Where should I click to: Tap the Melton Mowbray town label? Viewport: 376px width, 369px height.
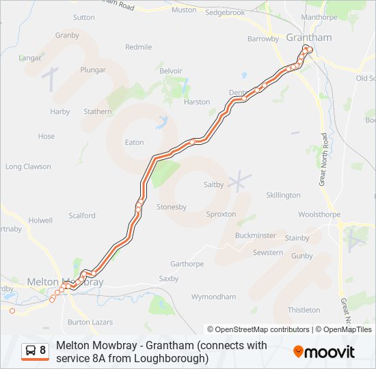65,282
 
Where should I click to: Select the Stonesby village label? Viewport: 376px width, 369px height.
172,206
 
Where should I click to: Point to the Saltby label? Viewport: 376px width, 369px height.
213,184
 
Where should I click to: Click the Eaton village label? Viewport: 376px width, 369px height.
134,142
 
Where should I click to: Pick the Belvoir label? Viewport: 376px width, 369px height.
170,71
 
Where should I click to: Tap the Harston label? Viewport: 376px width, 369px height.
197,102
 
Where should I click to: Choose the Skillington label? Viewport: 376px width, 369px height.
283,195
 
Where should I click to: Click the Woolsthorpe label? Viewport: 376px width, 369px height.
319,215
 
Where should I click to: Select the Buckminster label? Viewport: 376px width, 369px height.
255,235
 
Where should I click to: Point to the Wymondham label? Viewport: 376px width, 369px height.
213,297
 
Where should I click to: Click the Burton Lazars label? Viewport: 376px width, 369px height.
89,321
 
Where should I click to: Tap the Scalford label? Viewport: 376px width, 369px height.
82,215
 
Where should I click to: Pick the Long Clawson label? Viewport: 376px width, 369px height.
28,166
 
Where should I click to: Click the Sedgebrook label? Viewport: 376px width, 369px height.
225,12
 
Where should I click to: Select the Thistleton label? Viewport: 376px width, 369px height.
304,310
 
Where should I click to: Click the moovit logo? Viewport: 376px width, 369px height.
324,352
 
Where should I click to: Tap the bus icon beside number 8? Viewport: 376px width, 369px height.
31,351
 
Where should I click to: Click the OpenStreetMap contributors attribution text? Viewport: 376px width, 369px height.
259,329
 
